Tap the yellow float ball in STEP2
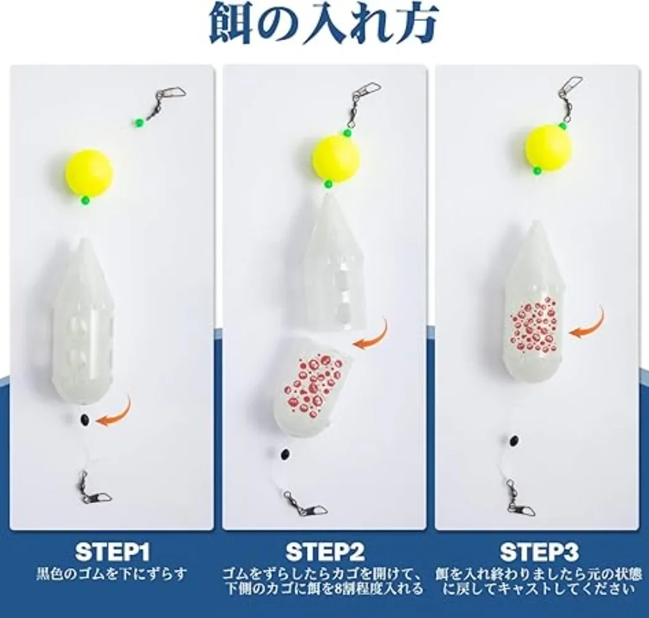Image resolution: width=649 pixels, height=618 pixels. coord(335,158)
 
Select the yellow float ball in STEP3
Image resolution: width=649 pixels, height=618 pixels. coord(548,147)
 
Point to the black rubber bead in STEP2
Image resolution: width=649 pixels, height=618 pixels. coord(285,455)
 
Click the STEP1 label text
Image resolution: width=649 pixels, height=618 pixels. coord(112,551)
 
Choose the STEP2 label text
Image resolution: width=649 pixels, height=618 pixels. coord(325,551)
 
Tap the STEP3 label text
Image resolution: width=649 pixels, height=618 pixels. coord(538,551)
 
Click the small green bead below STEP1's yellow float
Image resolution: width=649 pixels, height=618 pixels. coord(85,200)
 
